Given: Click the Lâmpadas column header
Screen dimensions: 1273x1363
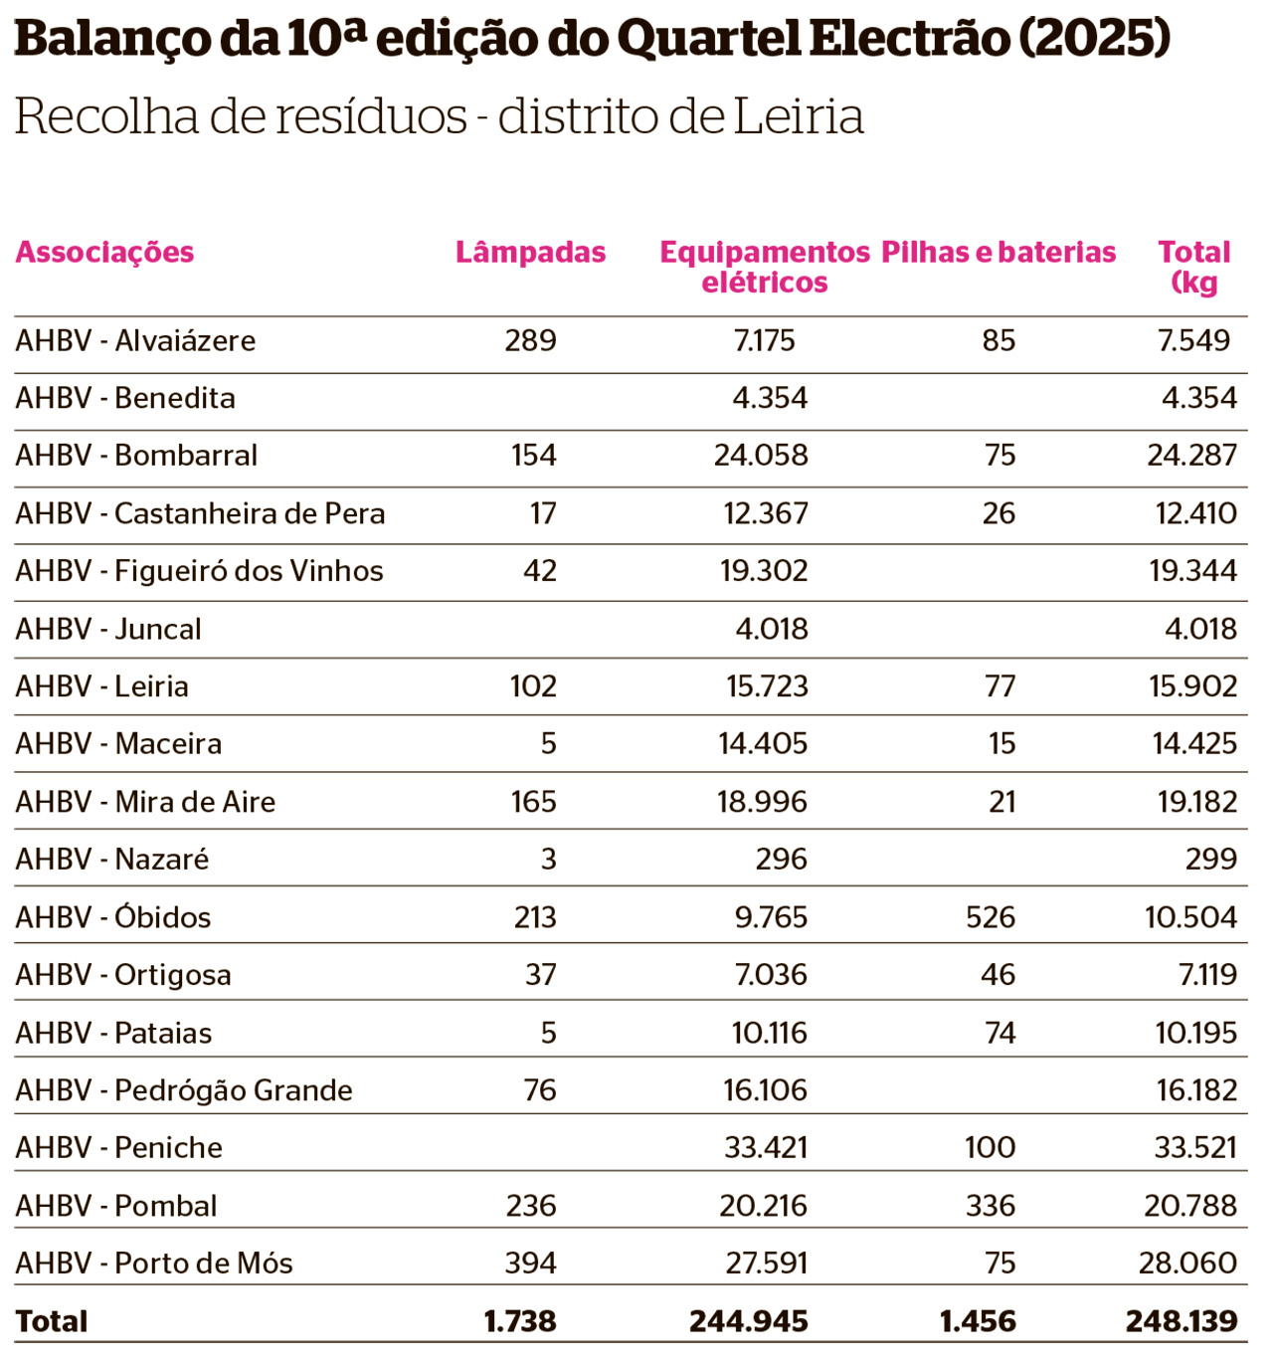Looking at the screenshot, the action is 530,252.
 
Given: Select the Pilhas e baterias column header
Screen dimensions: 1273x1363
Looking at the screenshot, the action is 999,252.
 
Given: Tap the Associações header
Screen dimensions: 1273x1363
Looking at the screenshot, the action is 104,254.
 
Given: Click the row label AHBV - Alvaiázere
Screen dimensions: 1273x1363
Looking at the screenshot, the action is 135,340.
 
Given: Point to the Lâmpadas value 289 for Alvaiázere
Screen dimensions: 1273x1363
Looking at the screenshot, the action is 530,340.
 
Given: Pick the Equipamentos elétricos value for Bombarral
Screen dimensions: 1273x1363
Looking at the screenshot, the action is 761,455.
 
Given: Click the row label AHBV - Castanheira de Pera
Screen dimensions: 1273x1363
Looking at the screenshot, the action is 200,513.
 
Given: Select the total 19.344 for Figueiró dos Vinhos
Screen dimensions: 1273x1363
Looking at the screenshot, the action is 1193,570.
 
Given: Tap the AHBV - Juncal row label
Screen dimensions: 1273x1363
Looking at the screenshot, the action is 107,629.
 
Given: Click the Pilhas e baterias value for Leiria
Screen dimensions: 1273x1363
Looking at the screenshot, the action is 1000,685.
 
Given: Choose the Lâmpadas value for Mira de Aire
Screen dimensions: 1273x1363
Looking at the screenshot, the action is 533,802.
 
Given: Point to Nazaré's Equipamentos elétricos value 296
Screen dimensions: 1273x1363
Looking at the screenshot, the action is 782,859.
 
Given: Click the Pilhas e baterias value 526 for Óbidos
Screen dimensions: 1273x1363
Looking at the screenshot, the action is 991,917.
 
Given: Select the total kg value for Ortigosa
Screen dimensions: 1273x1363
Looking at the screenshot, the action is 1207,974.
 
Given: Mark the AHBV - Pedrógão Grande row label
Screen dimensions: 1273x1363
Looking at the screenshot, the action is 183,1090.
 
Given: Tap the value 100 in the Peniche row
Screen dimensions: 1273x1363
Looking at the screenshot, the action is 991,1147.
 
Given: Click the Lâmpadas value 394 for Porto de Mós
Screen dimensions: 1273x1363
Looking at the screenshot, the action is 530,1263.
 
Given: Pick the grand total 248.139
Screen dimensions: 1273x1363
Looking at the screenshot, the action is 1182,1321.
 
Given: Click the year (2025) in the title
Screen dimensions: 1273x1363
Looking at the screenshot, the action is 1095,39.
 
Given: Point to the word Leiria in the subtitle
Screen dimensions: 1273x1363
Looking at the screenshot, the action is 799,116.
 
